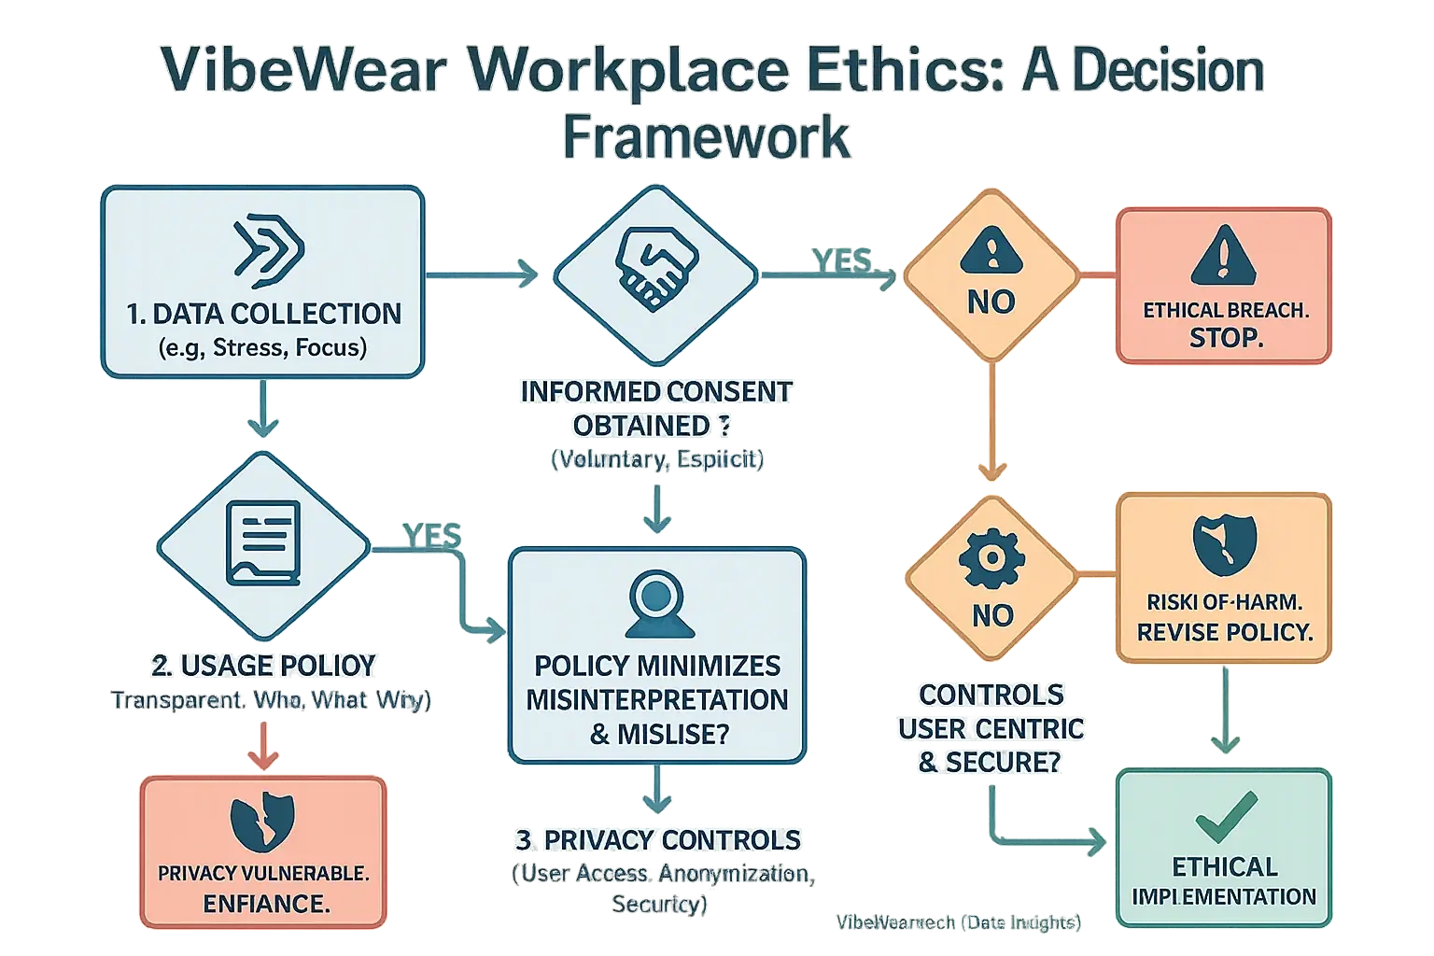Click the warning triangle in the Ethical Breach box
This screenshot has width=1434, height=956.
click(x=1223, y=256)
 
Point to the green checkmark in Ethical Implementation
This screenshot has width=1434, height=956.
click(x=1225, y=816)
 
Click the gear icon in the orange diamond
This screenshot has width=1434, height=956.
click(x=991, y=559)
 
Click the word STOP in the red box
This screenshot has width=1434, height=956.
click(x=1225, y=338)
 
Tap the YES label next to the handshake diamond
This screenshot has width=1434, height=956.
click(x=841, y=260)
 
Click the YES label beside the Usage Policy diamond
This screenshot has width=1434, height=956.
click(x=431, y=535)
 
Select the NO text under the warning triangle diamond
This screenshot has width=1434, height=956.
click(x=991, y=302)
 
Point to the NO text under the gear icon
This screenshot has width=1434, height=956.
click(x=991, y=615)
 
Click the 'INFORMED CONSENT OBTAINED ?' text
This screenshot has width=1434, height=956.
click(x=655, y=408)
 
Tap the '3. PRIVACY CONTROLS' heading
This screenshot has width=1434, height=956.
click(x=657, y=840)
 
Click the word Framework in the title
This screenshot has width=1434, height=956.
click(x=707, y=138)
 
